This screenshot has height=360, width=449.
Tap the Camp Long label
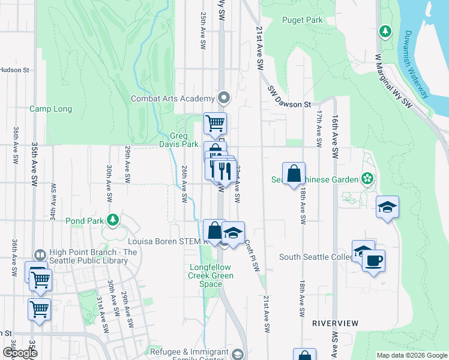pyautogui.click(x=51, y=109)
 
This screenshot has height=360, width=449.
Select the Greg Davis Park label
pyautogui.click(x=179, y=140)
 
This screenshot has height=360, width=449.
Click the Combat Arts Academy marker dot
pyautogui.click(x=224, y=97)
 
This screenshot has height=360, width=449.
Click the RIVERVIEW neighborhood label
pyautogui.click(x=335, y=323)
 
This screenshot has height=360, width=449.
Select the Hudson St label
pyautogui.click(x=14, y=70)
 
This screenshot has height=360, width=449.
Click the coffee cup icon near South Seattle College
pyautogui.click(x=373, y=261)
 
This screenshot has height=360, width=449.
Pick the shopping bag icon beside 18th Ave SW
pyautogui.click(x=294, y=174)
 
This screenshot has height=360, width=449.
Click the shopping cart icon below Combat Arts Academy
pyautogui.click(x=215, y=124)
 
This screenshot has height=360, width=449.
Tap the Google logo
pyautogui.click(x=20, y=352)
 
